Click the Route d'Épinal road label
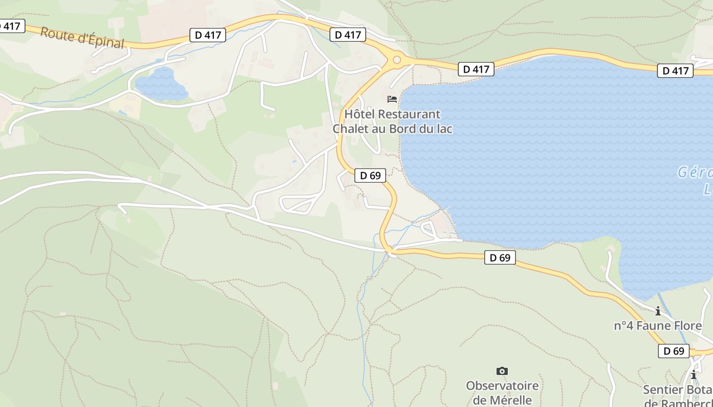click(x=82, y=38)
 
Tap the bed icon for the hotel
click(x=392, y=99)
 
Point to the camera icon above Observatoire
click(x=502, y=371)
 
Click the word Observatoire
click(x=502, y=386)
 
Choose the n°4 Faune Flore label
click(x=657, y=326)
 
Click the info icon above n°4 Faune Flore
click(x=658, y=310)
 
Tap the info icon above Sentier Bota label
click(x=693, y=375)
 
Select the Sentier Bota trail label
click(x=677, y=390)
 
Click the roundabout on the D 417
click(x=396, y=61)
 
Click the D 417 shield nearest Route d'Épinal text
click(x=208, y=35)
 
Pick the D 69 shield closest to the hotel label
click(x=370, y=176)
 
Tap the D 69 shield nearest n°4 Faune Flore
click(x=673, y=351)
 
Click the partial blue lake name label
click(x=696, y=180)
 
